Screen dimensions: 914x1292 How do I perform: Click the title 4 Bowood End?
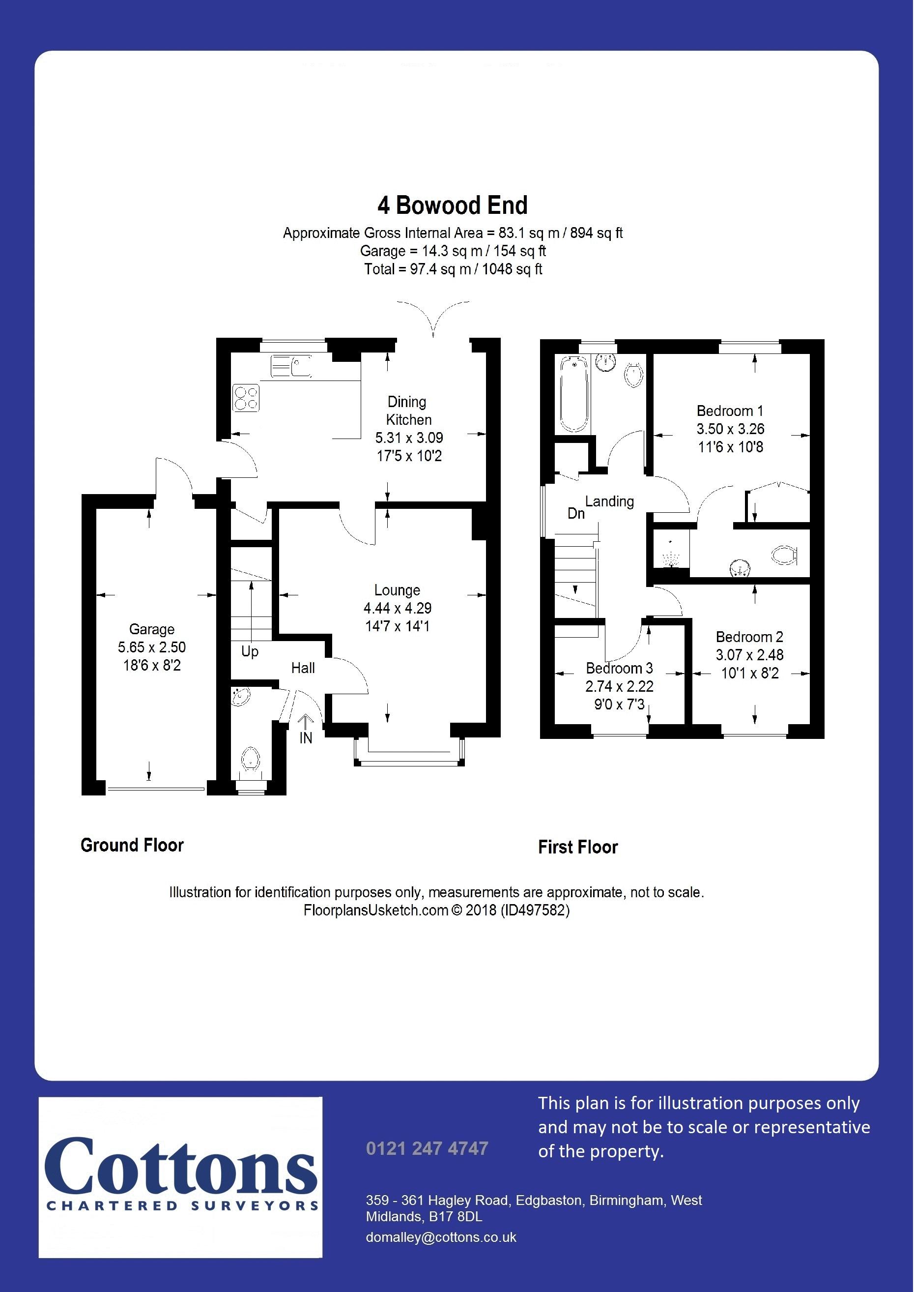(452, 206)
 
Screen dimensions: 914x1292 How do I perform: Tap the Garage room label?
(151, 629)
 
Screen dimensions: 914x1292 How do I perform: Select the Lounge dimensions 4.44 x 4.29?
(398, 609)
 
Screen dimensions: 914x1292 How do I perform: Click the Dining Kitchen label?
(407, 411)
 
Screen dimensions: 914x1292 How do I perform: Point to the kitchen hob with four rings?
(246, 397)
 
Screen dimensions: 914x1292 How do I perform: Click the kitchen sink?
(291, 366)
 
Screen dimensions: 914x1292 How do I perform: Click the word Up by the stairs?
(249, 652)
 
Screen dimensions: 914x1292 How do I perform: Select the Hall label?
(303, 668)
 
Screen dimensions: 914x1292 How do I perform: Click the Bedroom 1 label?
(729, 411)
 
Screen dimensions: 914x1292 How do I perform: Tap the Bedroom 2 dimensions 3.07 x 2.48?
(750, 655)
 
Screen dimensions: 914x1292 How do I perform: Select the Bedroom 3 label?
(619, 668)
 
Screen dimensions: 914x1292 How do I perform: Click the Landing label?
(609, 501)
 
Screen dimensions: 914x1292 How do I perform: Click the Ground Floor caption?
(132, 845)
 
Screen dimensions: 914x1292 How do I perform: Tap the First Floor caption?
(577, 847)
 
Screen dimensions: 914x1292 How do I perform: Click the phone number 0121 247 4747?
(427, 1148)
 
